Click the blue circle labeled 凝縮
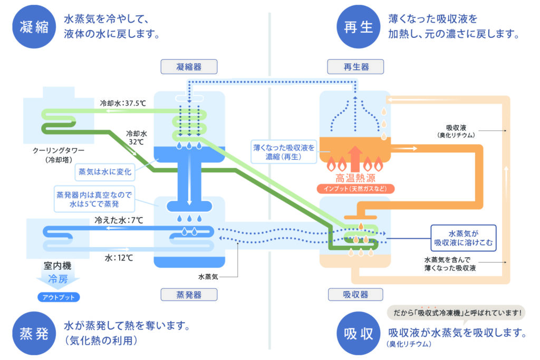pyautogui.click(x=34, y=26)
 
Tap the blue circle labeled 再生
pyautogui.click(x=359, y=26)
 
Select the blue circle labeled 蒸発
pyautogui.click(x=34, y=333)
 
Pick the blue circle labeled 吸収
pyautogui.click(x=359, y=333)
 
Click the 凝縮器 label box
pyautogui.click(x=189, y=67)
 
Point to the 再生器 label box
pyautogui.click(x=355, y=67)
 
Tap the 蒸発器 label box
pyautogui.click(x=189, y=295)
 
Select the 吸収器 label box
pyautogui.click(x=355, y=295)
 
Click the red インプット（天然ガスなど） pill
pyautogui.click(x=355, y=188)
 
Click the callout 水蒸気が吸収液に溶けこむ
pyautogui.click(x=464, y=237)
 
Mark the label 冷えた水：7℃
pyautogui.click(x=119, y=220)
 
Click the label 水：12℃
pyautogui.click(x=119, y=258)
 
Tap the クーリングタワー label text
pyautogui.click(x=58, y=151)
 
